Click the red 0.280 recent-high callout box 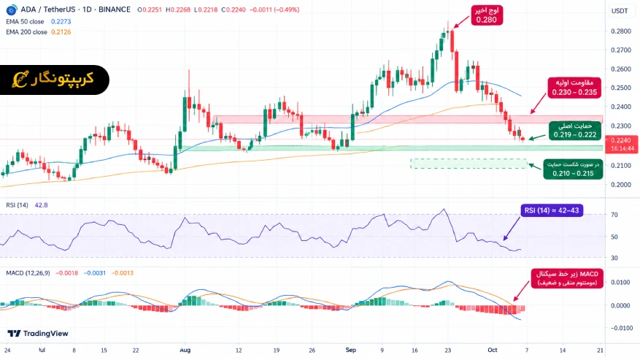tap(487, 15)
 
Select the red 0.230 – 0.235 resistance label tap(574, 88)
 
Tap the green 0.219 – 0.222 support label tap(575, 131)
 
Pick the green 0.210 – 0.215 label tap(573, 169)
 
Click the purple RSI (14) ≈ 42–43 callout tap(552, 210)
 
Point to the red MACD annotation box tap(567, 278)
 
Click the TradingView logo tap(38, 334)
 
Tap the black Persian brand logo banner tap(54, 80)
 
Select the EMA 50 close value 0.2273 tap(61, 22)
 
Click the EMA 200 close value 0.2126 tap(61, 32)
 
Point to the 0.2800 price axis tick tap(621, 31)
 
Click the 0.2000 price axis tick tap(621, 184)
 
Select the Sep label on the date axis tap(350, 350)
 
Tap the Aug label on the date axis tap(185, 350)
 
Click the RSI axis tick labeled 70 tap(614, 215)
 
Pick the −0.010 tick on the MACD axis tap(622, 328)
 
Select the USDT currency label tap(620, 11)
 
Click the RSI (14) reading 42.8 tap(41, 205)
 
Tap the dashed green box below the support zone tap(469, 164)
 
